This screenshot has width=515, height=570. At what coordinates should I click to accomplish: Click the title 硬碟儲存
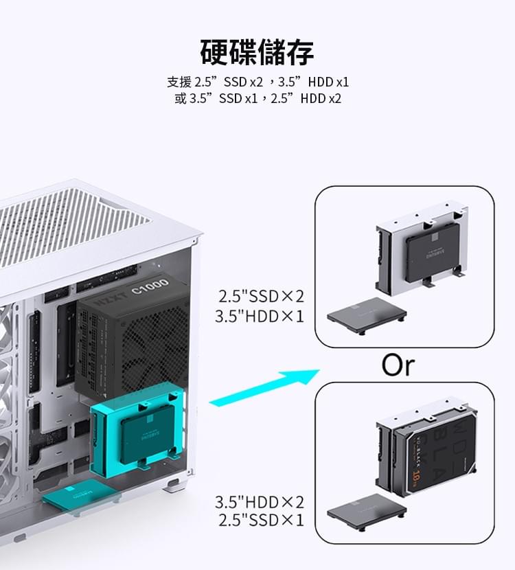tap(257, 52)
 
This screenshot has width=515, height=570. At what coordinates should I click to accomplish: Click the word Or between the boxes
tap(398, 365)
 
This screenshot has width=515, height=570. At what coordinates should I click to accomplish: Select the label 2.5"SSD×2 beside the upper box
tap(260, 297)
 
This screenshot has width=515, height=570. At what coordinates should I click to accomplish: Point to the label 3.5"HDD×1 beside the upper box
tap(260, 317)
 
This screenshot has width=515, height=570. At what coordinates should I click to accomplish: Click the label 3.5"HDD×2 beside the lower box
tap(260, 502)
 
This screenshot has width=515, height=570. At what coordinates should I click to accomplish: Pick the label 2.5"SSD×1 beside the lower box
tap(260, 521)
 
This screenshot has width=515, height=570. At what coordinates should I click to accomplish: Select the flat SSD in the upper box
tap(366, 318)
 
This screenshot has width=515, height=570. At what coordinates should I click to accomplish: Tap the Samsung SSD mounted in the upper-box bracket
tap(432, 252)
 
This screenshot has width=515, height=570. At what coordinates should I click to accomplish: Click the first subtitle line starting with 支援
tap(257, 82)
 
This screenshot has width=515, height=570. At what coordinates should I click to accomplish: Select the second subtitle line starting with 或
tap(257, 99)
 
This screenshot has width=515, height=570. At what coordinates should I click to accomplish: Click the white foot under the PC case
tap(170, 487)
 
